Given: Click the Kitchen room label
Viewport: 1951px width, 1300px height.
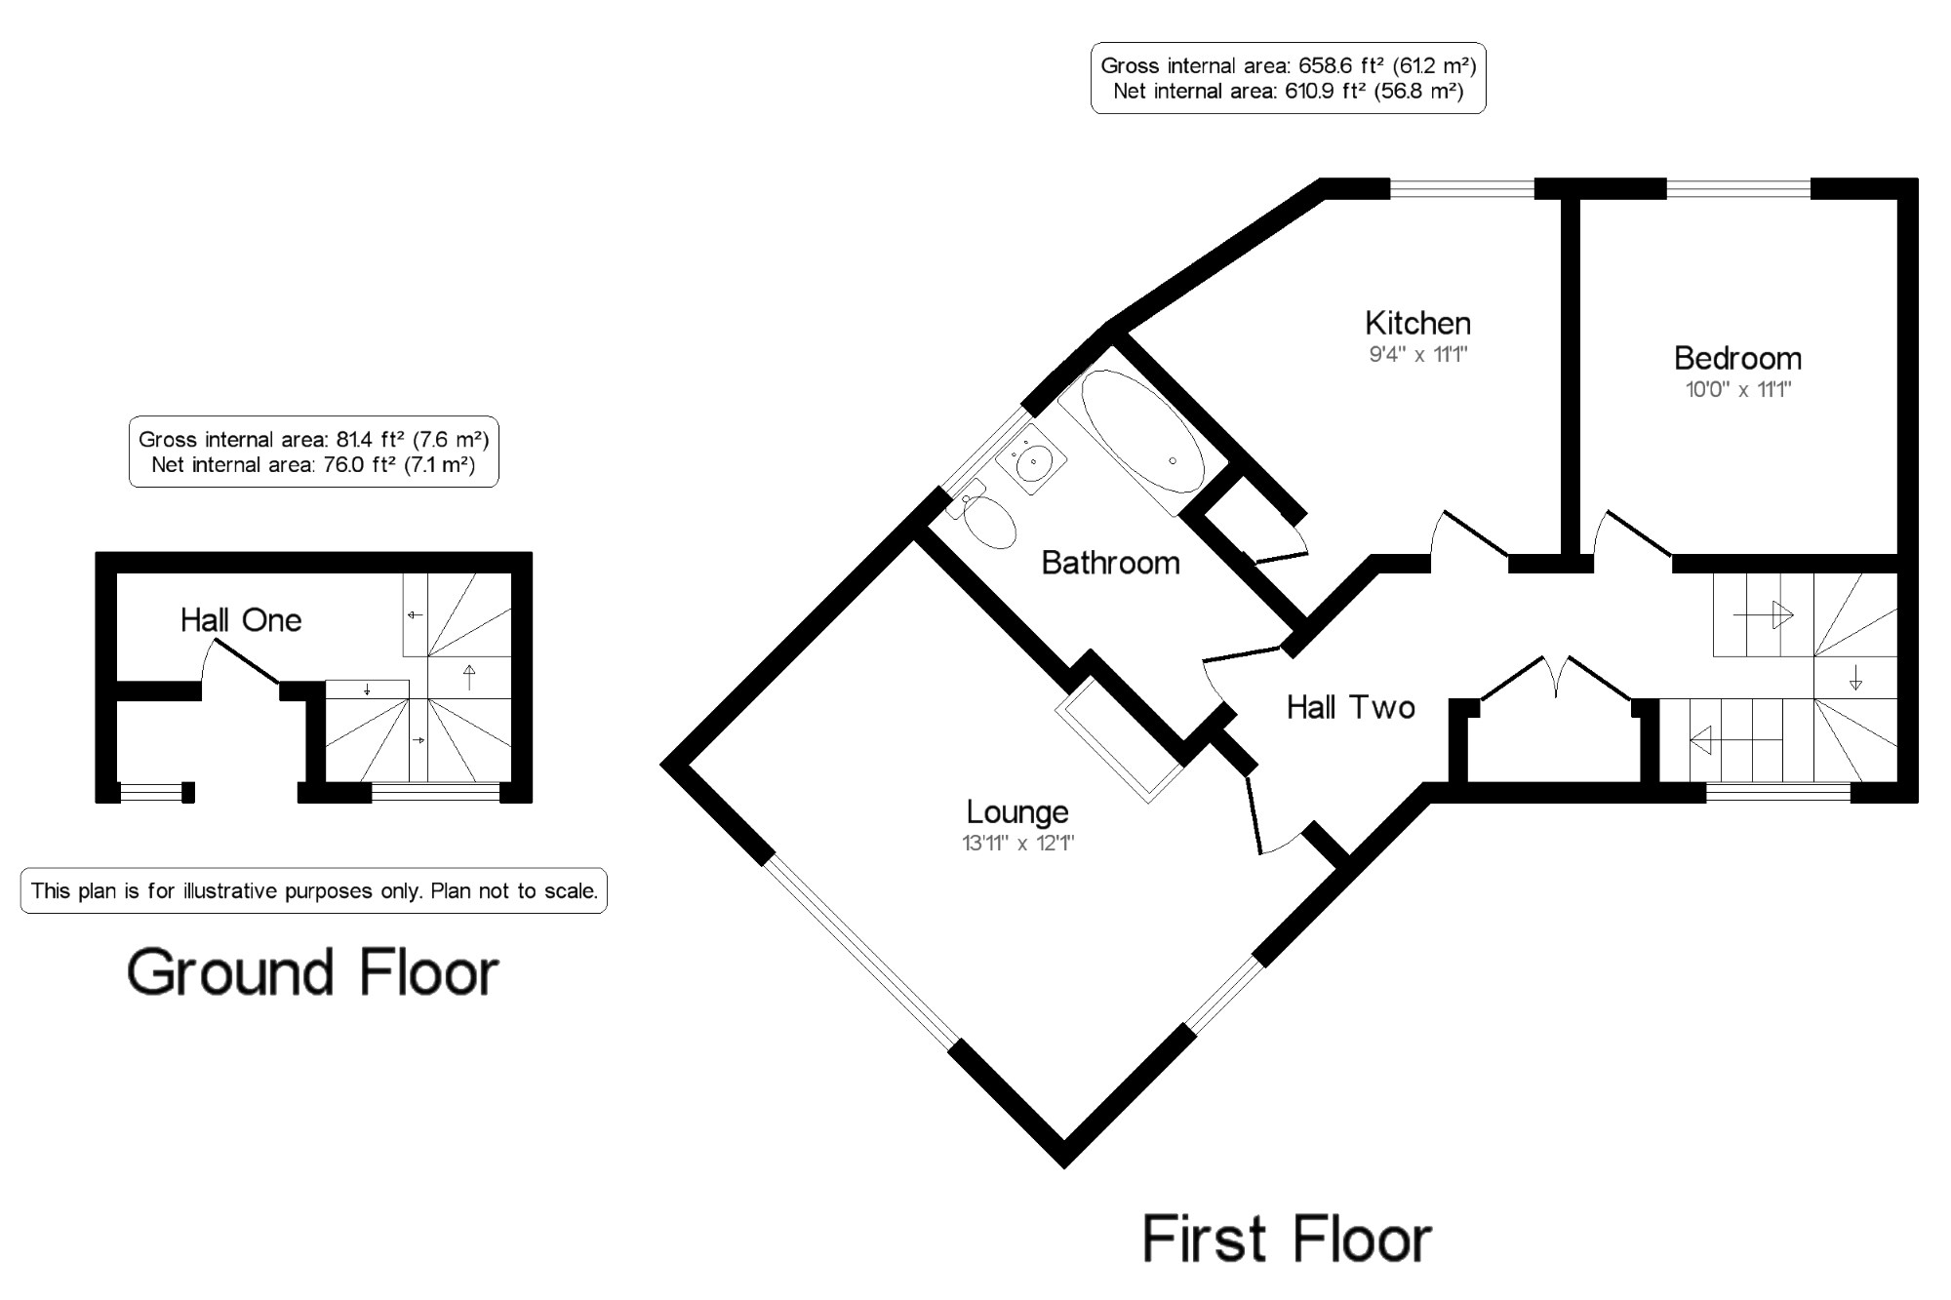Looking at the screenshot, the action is [1417, 323].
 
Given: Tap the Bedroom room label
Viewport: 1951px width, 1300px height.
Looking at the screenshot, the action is [1737, 358].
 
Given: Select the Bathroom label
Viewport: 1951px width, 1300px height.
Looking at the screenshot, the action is [1110, 563].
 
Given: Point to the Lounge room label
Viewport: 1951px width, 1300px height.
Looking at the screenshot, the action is [1017, 811].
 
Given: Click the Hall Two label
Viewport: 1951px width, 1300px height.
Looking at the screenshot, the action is [1351, 707].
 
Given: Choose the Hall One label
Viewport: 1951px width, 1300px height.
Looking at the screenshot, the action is [241, 619].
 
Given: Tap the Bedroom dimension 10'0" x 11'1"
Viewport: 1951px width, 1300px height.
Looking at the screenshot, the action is [1738, 390].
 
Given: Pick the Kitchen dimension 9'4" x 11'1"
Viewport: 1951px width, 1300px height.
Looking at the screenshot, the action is [1418, 354].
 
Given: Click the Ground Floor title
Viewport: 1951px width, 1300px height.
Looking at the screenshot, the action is [313, 972].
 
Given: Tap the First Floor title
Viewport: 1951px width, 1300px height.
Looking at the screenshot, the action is [1287, 1240].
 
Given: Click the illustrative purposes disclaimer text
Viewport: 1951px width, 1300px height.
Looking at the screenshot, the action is [314, 890].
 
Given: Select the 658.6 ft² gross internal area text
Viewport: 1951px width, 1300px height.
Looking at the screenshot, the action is [1288, 65].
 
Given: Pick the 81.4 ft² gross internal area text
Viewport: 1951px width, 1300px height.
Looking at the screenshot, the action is [313, 439].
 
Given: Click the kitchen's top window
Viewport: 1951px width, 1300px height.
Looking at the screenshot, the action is [1462, 188].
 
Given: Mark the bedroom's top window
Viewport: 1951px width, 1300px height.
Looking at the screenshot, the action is [1738, 188].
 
